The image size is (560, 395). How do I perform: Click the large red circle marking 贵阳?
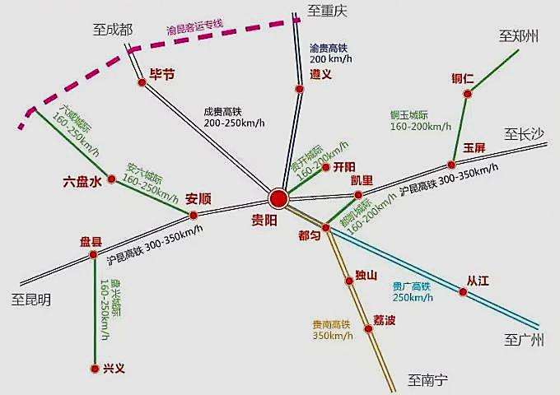278,198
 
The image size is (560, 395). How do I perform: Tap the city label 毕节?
161,74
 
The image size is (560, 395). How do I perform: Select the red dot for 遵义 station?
299,89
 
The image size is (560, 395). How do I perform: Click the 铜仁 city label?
463,79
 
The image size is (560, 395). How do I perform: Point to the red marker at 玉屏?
451,164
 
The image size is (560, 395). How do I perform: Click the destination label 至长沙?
525,132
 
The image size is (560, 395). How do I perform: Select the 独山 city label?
366,275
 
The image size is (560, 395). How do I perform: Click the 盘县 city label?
91,242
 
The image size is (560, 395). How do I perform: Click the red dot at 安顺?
194,216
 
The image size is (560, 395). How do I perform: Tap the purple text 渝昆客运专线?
194,28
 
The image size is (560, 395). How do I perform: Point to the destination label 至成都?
113,30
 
